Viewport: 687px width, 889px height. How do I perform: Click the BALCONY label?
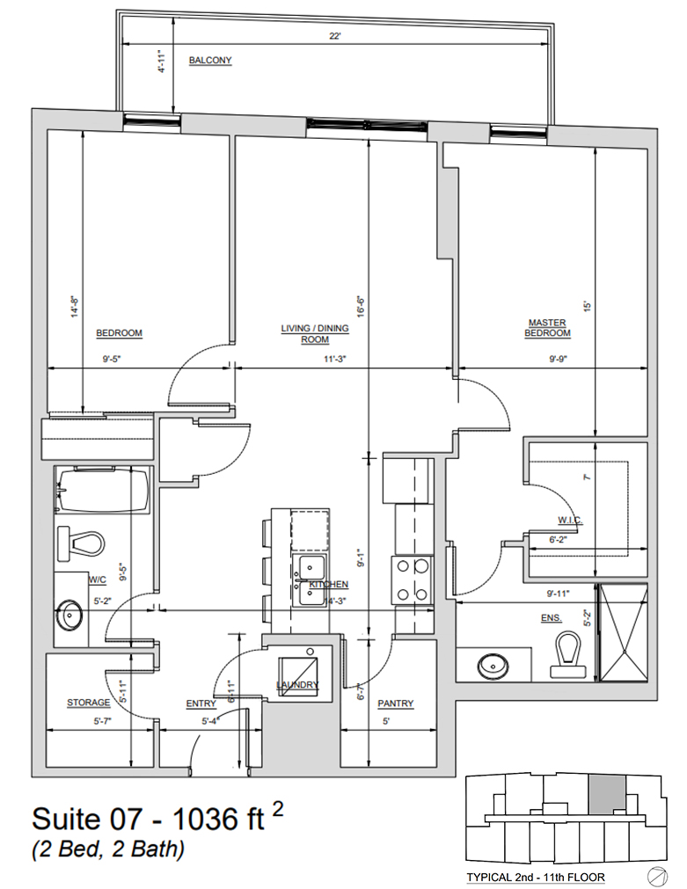pos(210,61)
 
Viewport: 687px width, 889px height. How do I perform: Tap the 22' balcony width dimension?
pos(334,37)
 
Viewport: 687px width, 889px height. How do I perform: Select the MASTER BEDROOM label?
pos(547,328)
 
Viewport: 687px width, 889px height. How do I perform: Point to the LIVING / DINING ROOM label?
pos(315,334)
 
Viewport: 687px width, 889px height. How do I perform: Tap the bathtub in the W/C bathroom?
pos(104,492)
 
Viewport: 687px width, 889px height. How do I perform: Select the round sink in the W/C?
pos(70,615)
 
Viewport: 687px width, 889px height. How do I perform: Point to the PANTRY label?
pos(395,703)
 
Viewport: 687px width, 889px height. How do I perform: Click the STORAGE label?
pos(89,703)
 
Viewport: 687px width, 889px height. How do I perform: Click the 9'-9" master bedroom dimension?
pos(559,359)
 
